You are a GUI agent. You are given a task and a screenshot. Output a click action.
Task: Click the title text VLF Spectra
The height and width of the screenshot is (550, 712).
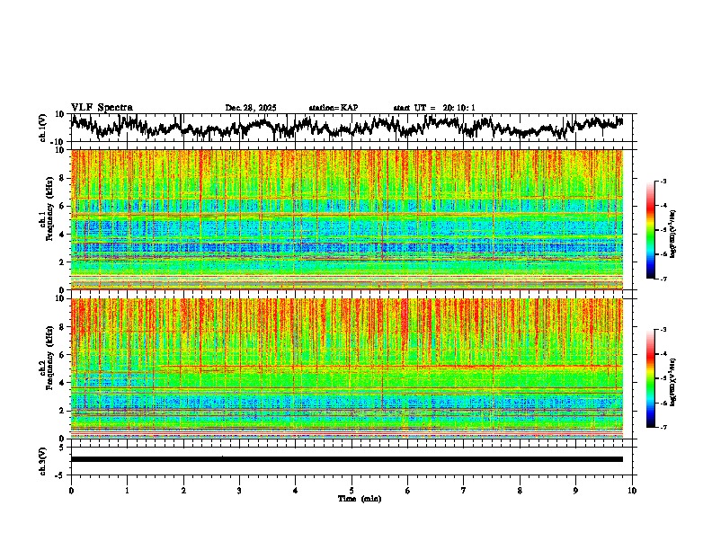coord(102,108)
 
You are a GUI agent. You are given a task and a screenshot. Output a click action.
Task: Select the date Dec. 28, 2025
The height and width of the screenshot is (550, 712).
coord(251,109)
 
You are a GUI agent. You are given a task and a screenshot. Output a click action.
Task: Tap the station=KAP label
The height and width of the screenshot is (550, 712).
coord(333,109)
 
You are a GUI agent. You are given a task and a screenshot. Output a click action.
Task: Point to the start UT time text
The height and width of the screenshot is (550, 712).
coord(434,109)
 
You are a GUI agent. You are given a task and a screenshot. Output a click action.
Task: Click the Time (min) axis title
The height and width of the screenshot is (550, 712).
coord(359,498)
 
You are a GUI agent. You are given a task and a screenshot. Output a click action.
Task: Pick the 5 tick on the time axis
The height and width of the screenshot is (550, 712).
coord(352,490)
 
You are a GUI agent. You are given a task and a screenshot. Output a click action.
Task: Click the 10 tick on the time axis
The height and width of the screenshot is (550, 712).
coord(632,490)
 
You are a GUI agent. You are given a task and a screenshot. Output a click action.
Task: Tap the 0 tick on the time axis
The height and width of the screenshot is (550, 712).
coord(71,490)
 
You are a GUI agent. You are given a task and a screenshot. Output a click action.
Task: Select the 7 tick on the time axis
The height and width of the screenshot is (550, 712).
coord(464,490)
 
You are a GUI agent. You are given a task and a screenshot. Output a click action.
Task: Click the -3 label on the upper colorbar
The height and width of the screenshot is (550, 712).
coord(671,182)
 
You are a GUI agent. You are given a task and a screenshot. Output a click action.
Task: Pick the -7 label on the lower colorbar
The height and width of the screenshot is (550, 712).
coord(671,427)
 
